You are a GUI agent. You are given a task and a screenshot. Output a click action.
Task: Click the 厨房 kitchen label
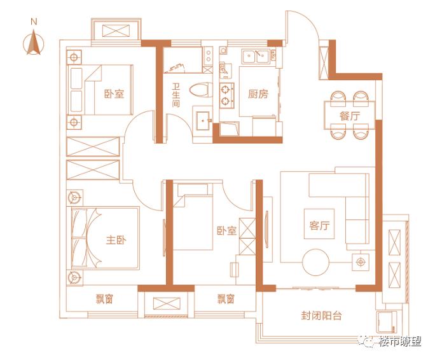[258, 94]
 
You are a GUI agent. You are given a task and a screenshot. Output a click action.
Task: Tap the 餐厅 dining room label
[350, 116]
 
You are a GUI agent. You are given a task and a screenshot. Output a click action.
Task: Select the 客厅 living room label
[319, 225]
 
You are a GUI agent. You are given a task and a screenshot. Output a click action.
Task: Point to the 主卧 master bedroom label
[116, 240]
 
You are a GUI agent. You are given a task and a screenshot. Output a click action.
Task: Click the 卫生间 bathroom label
[176, 95]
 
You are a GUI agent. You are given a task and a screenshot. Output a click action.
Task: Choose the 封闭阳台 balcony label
[321, 315]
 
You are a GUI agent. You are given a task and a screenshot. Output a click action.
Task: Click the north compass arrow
[34, 43]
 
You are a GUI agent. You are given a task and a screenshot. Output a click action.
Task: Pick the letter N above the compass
[34, 22]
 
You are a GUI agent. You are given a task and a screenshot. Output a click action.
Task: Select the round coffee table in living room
[315, 262]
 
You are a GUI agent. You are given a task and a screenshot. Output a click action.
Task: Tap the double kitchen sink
[256, 57]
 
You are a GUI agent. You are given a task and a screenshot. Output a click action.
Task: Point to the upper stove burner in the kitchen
[225, 90]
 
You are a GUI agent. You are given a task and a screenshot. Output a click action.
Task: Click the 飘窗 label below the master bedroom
[104, 299]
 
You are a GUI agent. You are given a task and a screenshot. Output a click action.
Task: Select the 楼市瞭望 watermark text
[400, 341]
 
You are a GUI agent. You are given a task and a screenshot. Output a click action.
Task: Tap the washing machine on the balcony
[387, 321]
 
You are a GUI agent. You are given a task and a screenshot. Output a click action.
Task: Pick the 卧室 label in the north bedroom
[114, 94]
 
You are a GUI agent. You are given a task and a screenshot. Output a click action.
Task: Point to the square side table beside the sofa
[361, 262]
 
